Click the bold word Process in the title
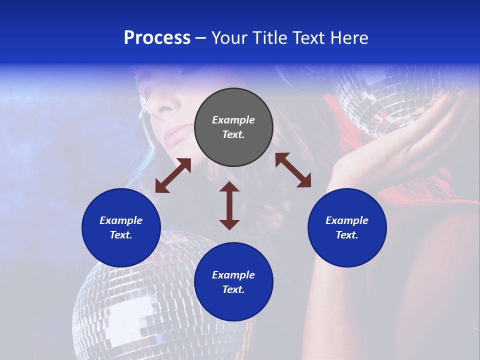(x=157, y=38)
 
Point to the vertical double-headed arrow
(x=229, y=206)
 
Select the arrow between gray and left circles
(x=173, y=175)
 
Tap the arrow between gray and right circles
(x=293, y=170)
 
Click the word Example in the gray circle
(x=233, y=120)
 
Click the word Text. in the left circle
(x=121, y=235)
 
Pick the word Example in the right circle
(x=347, y=220)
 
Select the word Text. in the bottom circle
(x=233, y=289)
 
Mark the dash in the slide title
(x=200, y=38)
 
